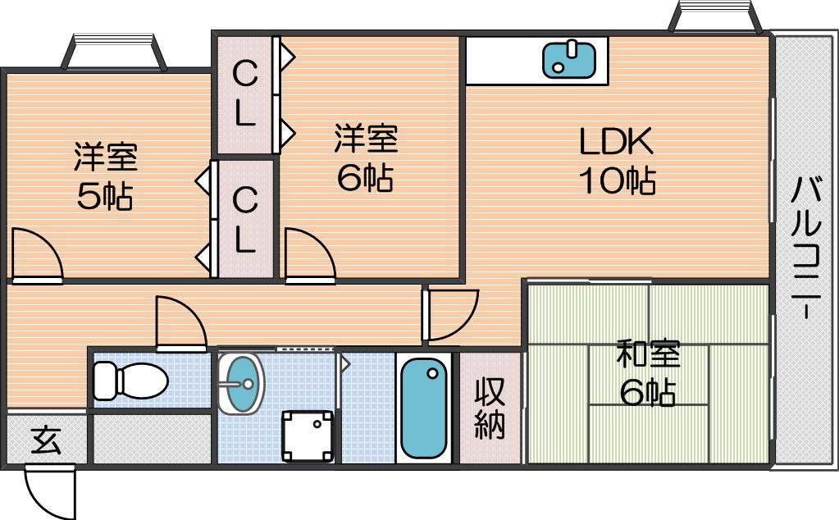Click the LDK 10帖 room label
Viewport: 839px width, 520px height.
click(617, 160)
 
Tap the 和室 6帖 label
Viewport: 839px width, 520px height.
click(648, 373)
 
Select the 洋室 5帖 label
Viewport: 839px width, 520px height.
click(106, 176)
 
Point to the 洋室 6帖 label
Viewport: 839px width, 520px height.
click(366, 157)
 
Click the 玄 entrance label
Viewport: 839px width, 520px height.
click(47, 440)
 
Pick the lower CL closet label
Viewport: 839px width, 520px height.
click(245, 220)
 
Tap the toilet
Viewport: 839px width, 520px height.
click(130, 381)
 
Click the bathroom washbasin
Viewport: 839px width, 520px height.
click(241, 383)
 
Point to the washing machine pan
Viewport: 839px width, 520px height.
click(308, 436)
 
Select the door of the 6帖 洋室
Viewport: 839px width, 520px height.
click(310, 255)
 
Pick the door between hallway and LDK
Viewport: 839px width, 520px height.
click(450, 315)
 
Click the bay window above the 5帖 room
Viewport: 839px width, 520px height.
click(114, 52)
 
